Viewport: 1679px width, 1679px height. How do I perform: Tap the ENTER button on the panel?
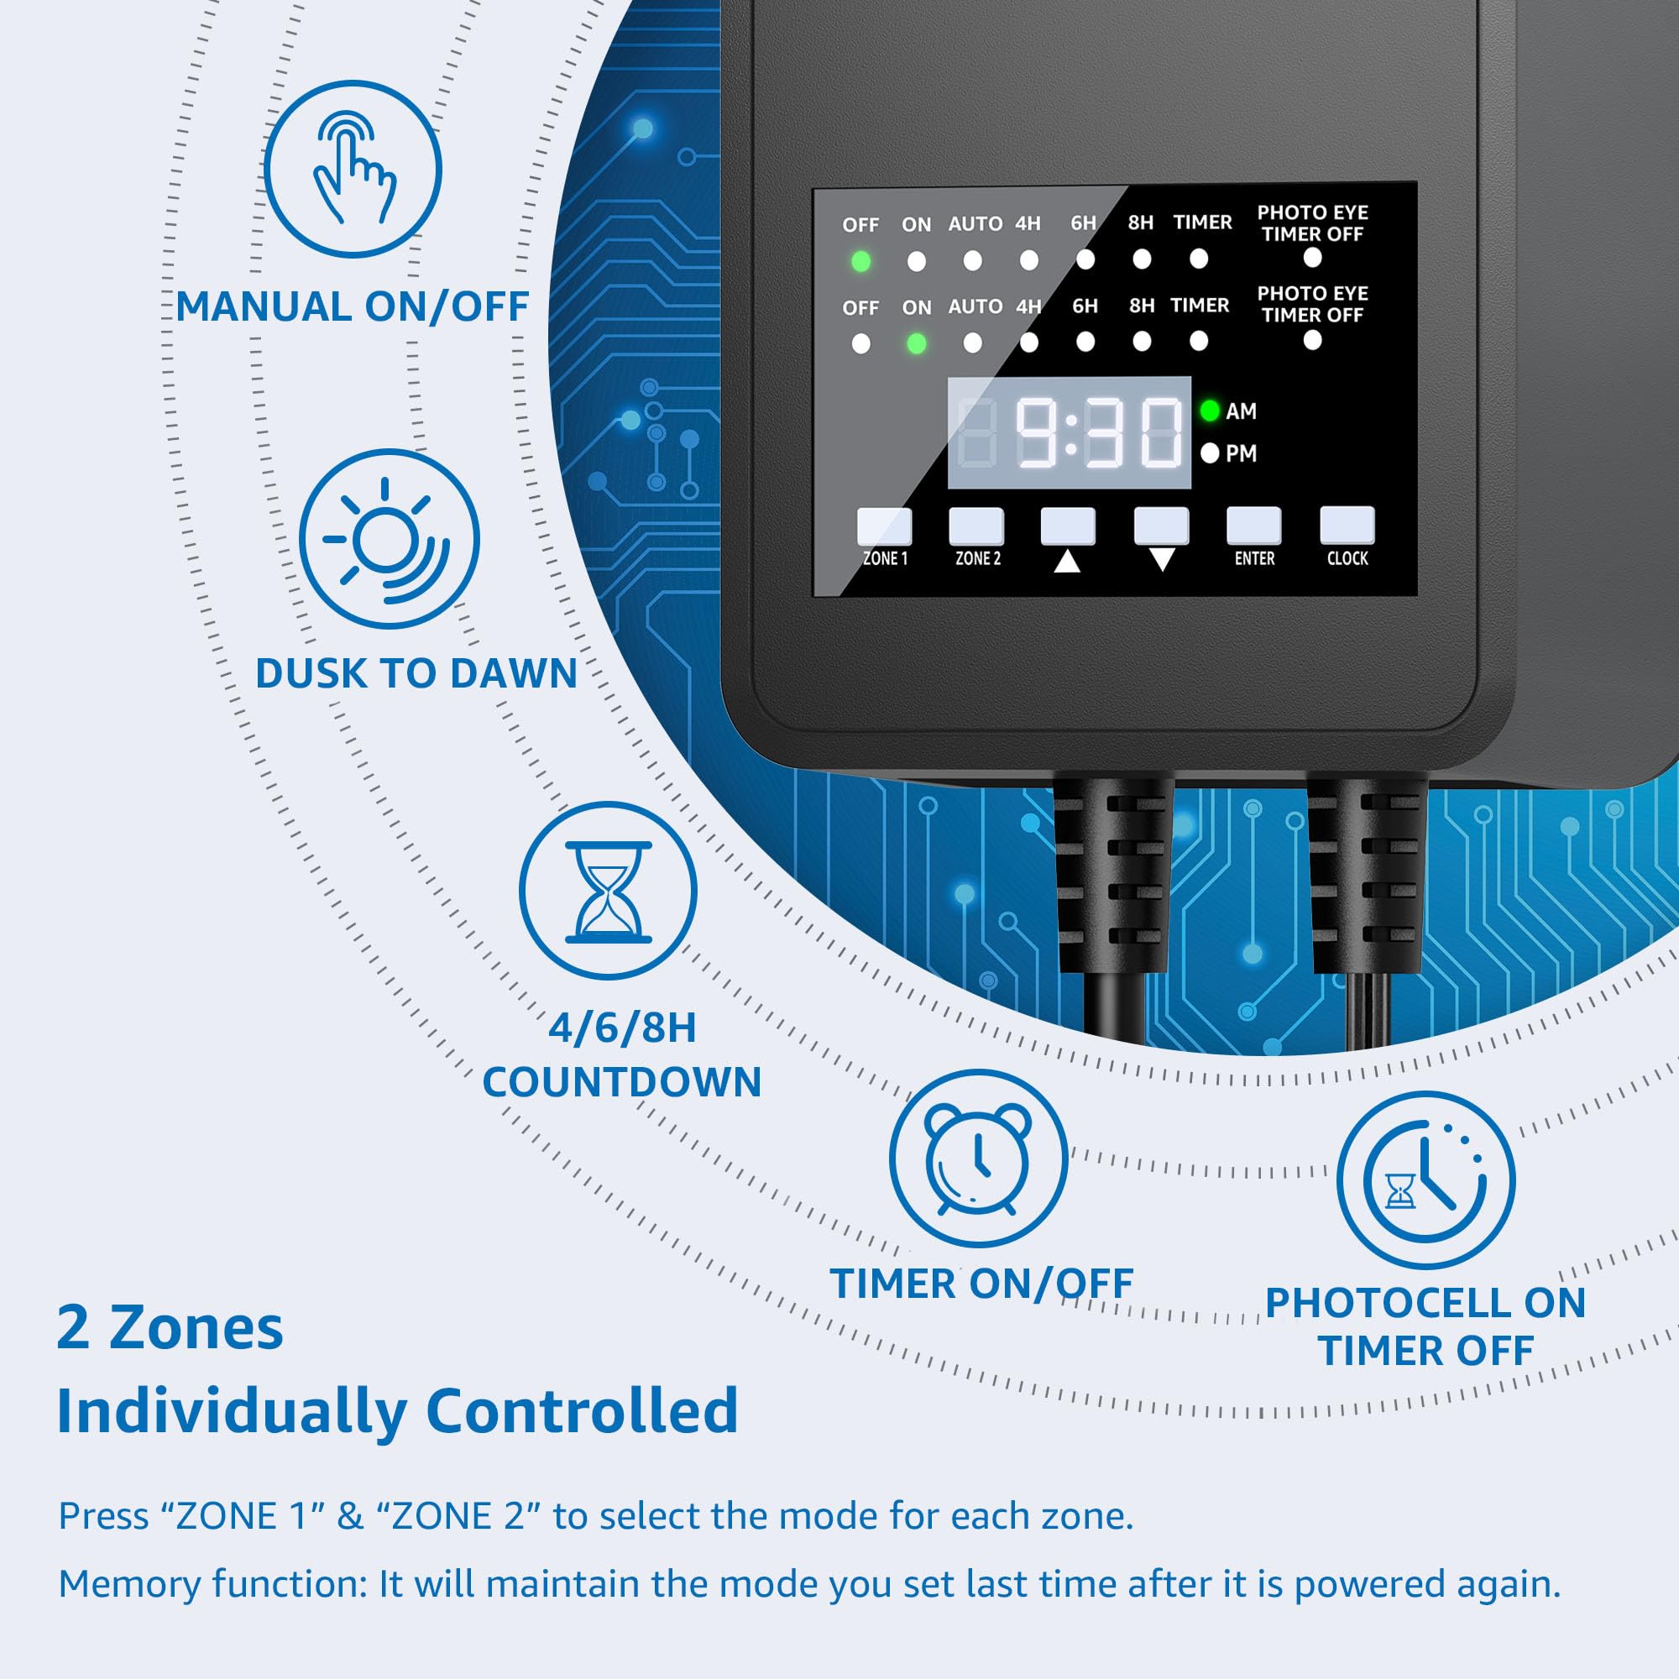coord(1253,526)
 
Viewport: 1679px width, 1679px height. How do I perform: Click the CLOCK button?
coord(1347,525)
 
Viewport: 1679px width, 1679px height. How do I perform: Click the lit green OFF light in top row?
coord(860,261)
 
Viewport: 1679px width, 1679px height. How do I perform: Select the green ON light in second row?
coord(916,344)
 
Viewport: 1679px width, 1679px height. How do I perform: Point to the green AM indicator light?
coord(1209,411)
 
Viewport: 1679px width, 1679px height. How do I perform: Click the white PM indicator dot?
coord(1209,452)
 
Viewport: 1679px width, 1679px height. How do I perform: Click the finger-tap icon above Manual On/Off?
coord(353,169)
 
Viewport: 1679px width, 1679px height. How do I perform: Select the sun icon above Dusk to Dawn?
coord(390,539)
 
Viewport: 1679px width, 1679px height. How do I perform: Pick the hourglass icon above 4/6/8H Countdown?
coord(609,892)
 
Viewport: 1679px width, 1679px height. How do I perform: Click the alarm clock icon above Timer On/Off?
coord(979,1159)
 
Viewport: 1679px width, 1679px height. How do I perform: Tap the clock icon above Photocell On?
coord(1425,1179)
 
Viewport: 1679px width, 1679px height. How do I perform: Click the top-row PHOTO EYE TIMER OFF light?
coord(1312,257)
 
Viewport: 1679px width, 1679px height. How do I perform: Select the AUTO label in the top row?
coord(975,224)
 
